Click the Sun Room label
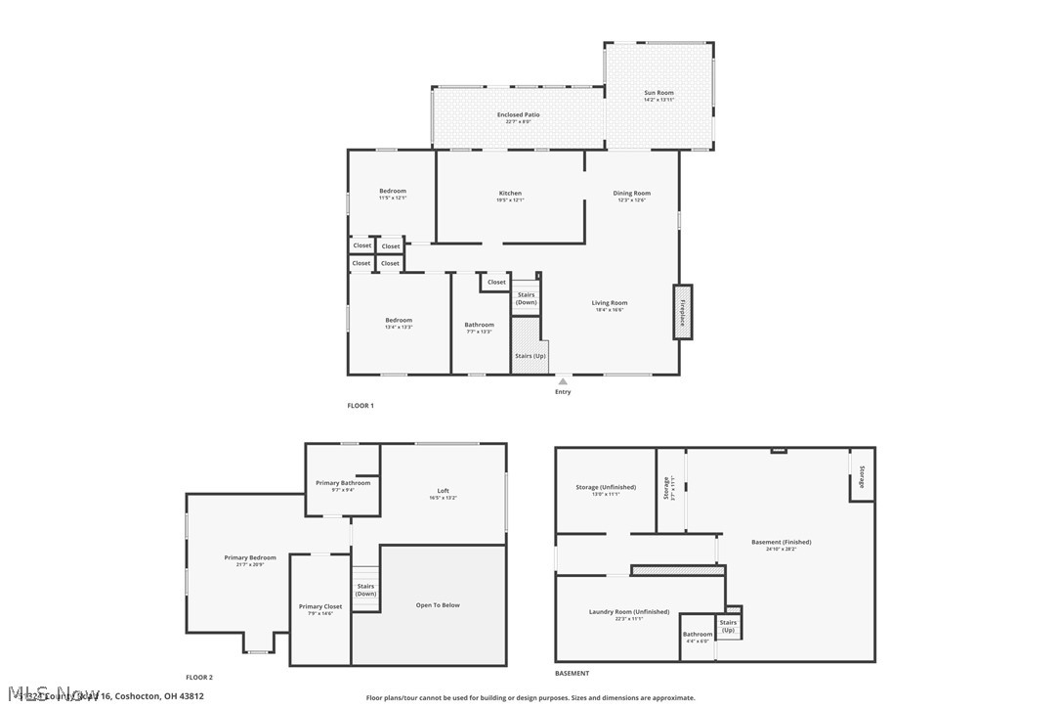point(658,93)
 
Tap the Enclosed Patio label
point(518,114)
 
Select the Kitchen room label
point(510,194)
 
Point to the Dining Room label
point(631,194)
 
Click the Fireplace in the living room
point(682,312)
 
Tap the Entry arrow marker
point(563,381)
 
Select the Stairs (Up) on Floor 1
point(530,356)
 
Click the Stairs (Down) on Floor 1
point(526,298)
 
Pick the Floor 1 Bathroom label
point(479,325)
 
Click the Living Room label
point(609,303)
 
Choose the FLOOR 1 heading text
point(361,405)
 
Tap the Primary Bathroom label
point(343,483)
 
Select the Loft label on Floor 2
point(443,491)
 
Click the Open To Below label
point(437,605)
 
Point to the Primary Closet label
point(320,607)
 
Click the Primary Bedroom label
point(250,558)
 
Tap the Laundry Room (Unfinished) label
point(628,612)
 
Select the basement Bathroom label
point(698,635)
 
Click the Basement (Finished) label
point(781,543)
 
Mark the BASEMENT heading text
point(572,673)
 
